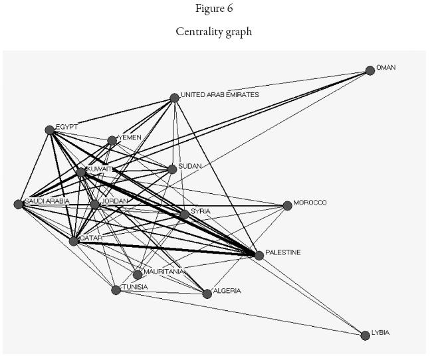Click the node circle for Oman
point(370,70)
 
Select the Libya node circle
point(365,335)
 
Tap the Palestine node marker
point(259,255)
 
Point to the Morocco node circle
point(287,206)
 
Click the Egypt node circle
point(50,130)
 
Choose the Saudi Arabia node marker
point(19,204)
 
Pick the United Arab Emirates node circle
point(174,98)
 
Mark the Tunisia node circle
point(116,290)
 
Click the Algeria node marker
point(207,294)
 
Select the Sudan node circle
point(172,169)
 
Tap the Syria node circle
point(184,215)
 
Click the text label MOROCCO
point(310,203)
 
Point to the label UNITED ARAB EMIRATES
point(220,95)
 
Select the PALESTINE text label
point(283,252)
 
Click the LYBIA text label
point(380,332)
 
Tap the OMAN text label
point(386,68)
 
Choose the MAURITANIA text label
point(163,271)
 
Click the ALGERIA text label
point(228,291)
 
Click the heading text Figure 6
point(214,8)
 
